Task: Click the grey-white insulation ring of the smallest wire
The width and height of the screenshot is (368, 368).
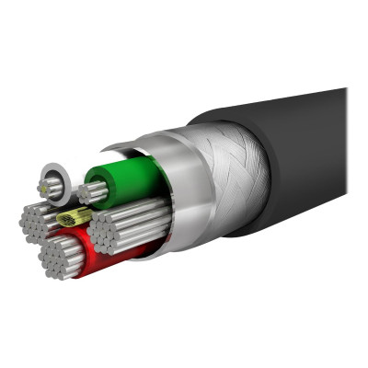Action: point(53,175)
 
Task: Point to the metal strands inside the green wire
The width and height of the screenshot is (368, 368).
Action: point(92,193)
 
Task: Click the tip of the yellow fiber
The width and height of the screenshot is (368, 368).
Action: point(63,219)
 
